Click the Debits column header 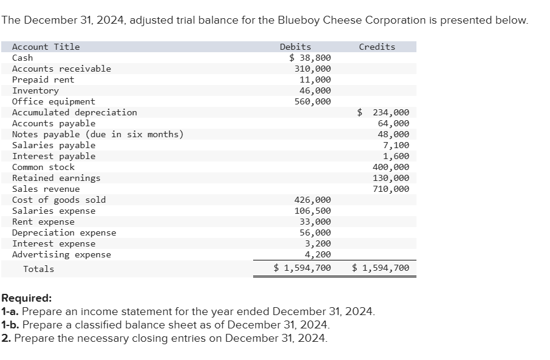point(295,47)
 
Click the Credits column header point(376,47)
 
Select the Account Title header point(46,47)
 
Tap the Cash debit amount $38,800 point(310,58)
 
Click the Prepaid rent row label point(43,80)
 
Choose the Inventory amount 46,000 point(315,90)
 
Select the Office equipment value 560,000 point(313,101)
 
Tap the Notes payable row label point(98,134)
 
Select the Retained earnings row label point(56,178)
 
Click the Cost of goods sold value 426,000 point(313,200)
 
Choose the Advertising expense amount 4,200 point(317,254)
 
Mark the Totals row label point(38,269)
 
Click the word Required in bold point(26,299)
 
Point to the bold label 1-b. point(10,325)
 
